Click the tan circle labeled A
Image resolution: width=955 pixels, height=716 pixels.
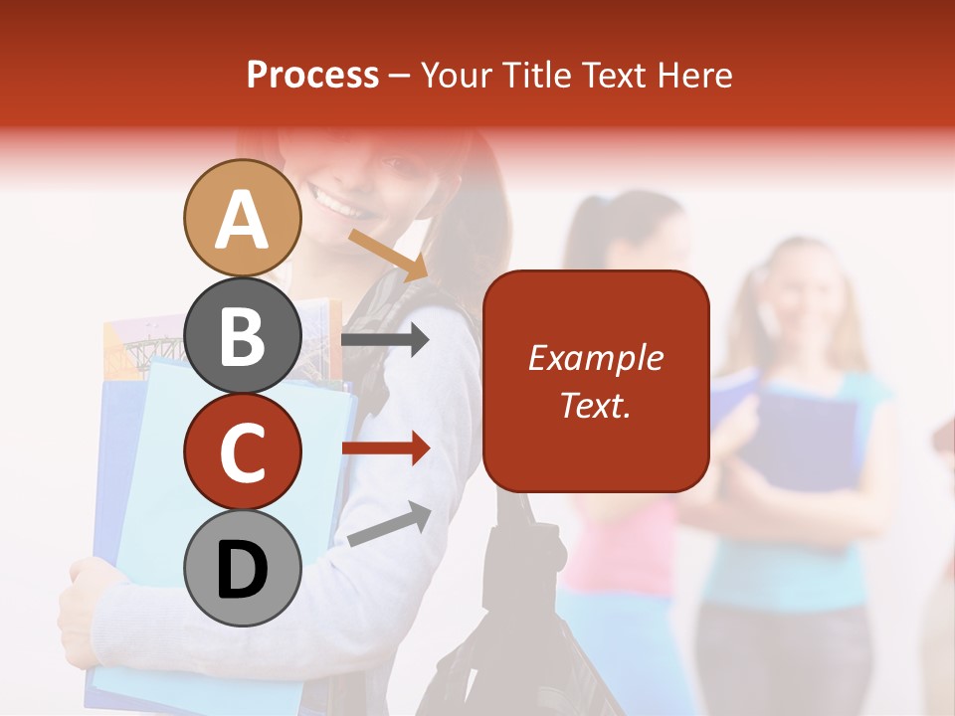click(242, 218)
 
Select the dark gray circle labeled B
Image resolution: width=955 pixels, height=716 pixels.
click(242, 335)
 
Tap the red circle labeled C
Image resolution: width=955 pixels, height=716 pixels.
click(242, 452)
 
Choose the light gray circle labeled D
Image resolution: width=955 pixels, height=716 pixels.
click(242, 569)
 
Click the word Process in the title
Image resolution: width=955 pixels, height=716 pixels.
click(312, 75)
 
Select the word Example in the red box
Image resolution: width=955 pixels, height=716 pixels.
click(595, 358)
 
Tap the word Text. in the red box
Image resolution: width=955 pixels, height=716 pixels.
click(595, 405)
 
